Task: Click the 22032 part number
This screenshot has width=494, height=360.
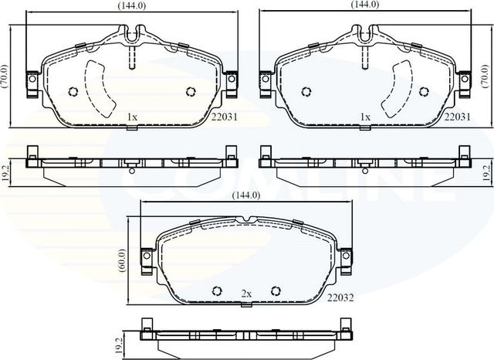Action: tap(340, 297)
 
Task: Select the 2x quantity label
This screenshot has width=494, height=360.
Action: tap(247, 294)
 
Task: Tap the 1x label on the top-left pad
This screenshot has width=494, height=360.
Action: tap(132, 117)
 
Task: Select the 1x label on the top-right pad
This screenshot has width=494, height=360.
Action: tap(366, 117)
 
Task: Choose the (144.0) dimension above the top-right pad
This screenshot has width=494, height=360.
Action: tap(364, 5)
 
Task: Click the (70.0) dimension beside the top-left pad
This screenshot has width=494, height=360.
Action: tap(5, 76)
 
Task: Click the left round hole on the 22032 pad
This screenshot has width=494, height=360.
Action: tap(217, 291)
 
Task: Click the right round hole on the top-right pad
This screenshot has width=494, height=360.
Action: tap(424, 91)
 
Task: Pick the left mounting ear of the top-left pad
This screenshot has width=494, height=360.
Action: tap(32, 80)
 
